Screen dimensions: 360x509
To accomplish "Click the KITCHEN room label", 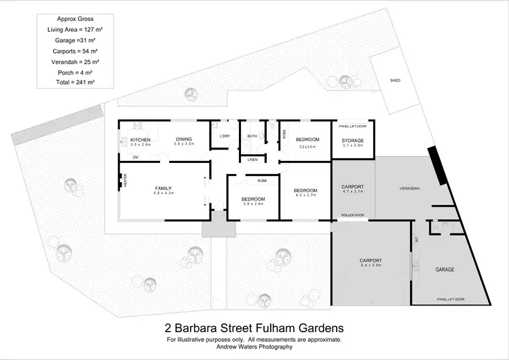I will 140,139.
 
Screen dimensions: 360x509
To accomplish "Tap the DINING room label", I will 184,139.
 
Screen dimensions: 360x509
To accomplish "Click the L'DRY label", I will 225,136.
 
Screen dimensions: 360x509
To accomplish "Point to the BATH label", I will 252,136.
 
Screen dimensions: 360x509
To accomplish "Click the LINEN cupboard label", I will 252,160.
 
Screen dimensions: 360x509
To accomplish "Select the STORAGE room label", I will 353,140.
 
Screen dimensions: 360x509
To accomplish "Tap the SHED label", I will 395,80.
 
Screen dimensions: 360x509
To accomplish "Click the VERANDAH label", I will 409,187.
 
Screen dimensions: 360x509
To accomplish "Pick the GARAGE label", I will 445,269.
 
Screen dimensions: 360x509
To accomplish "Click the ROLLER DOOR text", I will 352,216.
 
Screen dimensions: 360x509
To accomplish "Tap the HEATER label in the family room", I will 126,179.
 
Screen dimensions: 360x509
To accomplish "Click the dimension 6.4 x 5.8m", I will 371,266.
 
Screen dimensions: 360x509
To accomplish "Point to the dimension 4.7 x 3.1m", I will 353,192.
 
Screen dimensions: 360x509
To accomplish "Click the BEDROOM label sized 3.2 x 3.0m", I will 307,139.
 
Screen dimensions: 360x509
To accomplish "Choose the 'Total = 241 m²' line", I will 75,82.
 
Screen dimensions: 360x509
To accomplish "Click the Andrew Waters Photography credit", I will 254,346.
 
